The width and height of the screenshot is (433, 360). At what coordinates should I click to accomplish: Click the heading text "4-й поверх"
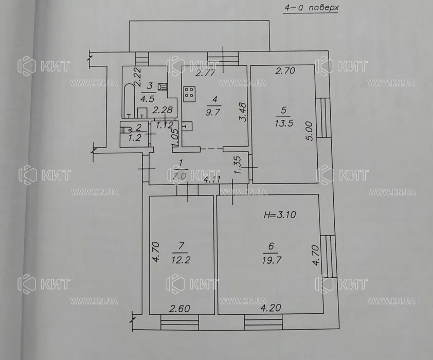(312, 8)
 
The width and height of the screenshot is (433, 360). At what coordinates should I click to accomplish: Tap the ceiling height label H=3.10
(280, 214)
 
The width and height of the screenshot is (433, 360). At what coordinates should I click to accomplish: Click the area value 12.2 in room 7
(181, 260)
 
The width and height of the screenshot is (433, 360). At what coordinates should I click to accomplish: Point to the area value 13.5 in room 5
(284, 123)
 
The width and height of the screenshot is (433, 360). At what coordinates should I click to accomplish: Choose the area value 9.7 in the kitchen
(213, 112)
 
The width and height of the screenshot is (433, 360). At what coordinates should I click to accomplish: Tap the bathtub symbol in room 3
(129, 100)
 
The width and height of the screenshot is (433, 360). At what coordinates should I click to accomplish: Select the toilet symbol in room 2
(126, 130)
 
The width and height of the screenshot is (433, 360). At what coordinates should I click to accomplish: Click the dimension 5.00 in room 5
(310, 132)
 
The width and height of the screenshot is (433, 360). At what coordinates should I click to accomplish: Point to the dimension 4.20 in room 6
(270, 308)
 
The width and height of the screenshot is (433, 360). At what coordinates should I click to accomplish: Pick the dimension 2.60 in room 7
(180, 309)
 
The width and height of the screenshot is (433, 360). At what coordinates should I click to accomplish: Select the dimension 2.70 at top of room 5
(285, 71)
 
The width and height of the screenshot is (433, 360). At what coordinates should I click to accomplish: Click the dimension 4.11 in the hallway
(212, 179)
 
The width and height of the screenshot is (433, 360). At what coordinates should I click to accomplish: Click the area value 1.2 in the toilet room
(135, 138)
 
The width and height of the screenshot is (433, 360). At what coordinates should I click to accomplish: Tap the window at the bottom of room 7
(180, 322)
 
